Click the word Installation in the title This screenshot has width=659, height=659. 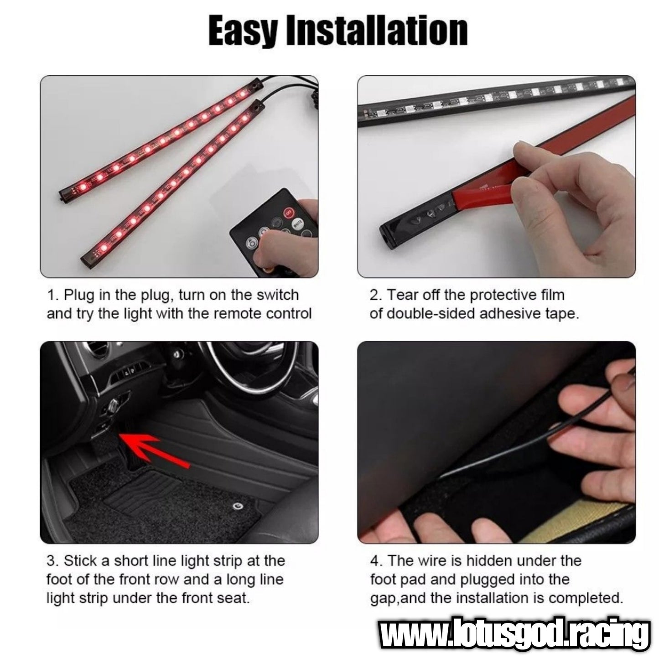(377, 31)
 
